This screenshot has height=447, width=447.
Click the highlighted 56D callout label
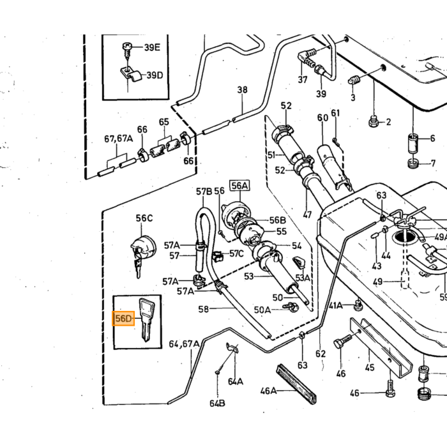tap(123, 319)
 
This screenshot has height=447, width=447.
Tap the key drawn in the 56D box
tap(146, 319)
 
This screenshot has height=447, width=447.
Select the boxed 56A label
tap(239, 186)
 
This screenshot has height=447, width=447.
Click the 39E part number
tap(152, 47)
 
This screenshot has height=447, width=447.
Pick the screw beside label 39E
tap(126, 50)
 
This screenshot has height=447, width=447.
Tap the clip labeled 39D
tap(132, 75)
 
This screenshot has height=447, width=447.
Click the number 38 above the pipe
tap(242, 90)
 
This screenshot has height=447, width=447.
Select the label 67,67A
tap(118, 139)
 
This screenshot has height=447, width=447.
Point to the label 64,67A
tap(184, 344)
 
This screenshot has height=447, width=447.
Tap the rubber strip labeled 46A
tap(296, 384)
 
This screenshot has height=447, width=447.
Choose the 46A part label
tap(268, 391)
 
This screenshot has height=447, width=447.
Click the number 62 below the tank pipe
tap(321, 354)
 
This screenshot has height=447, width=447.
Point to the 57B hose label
tap(204, 192)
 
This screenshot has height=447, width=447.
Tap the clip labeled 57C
tap(217, 255)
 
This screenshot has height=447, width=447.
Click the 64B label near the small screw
tap(217, 404)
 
